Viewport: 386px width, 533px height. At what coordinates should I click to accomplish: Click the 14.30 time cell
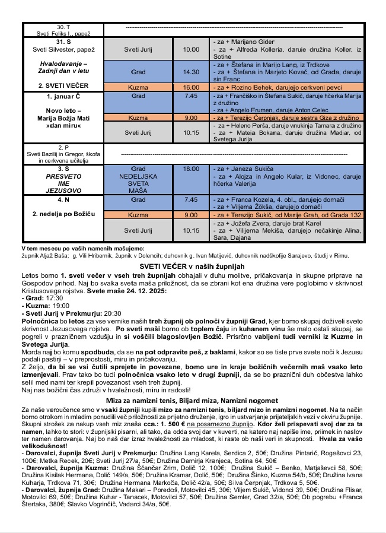[x=191, y=72]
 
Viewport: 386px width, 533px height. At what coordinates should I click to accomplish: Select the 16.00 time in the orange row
[x=191, y=87]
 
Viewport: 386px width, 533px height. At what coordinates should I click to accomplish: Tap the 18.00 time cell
[x=191, y=169]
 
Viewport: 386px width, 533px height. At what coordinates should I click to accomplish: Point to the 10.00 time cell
[x=191, y=50]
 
